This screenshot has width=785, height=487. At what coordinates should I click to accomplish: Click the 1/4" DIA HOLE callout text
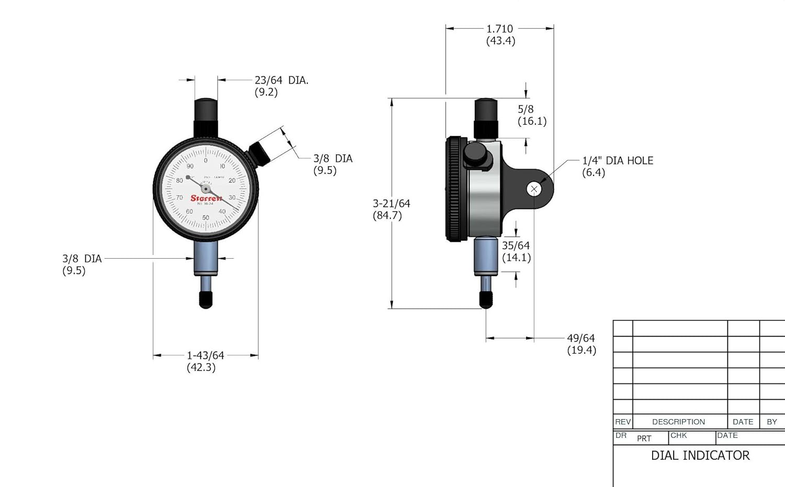click(618, 161)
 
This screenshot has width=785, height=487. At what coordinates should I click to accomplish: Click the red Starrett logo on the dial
click(206, 199)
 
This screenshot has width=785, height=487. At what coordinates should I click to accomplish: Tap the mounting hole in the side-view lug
click(534, 189)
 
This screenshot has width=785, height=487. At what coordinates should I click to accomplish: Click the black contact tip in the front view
click(206, 299)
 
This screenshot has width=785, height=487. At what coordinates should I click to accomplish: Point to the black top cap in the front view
click(206, 111)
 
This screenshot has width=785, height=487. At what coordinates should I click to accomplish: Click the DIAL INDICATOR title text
click(700, 456)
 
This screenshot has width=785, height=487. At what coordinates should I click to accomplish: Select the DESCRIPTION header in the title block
click(678, 422)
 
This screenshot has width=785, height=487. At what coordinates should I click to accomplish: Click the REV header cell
click(622, 422)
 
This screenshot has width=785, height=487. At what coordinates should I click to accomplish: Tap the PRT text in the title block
click(644, 438)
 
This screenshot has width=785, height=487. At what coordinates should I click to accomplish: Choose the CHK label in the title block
click(678, 435)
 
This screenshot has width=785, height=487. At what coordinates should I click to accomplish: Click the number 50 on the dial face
click(206, 217)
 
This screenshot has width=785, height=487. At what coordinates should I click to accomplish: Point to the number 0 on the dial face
click(206, 160)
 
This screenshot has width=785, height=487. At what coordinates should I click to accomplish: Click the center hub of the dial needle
click(206, 189)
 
